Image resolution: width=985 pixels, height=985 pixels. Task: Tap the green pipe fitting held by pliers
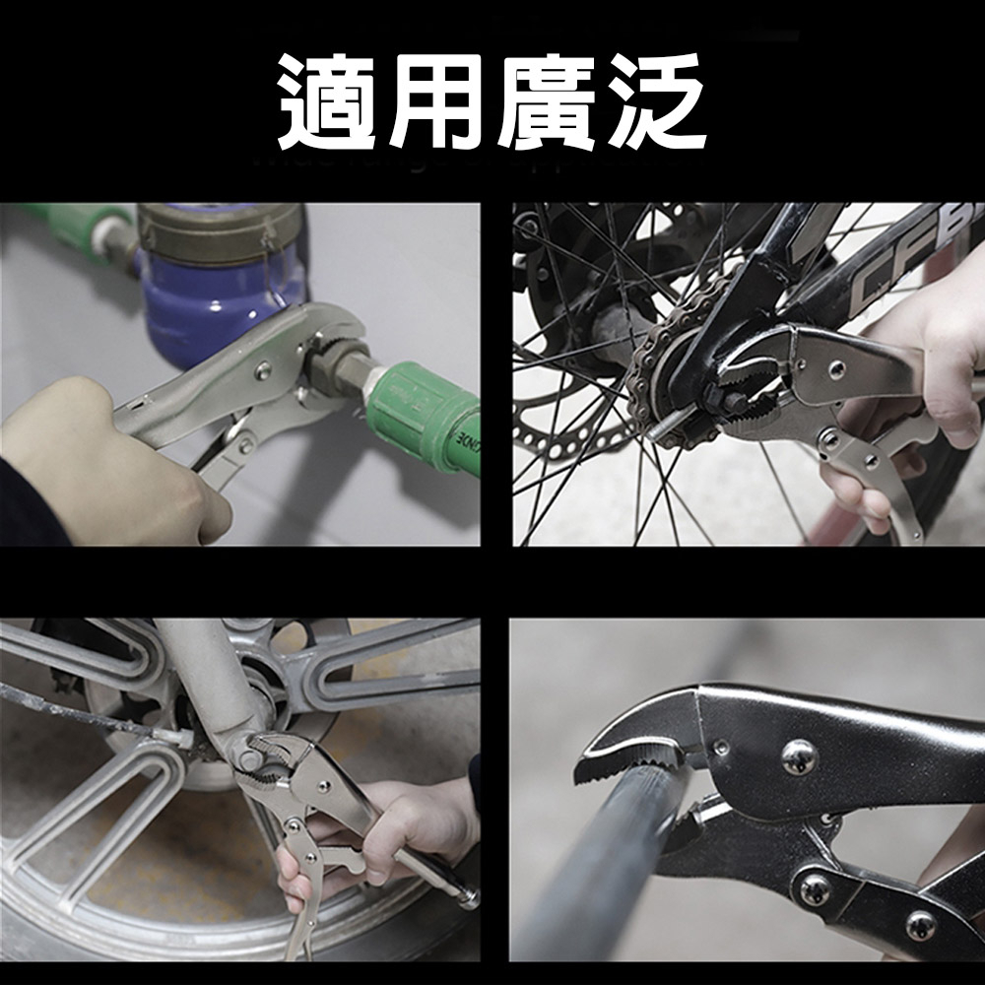click(424, 414)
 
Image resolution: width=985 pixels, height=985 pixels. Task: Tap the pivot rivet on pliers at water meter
click(263, 370)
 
